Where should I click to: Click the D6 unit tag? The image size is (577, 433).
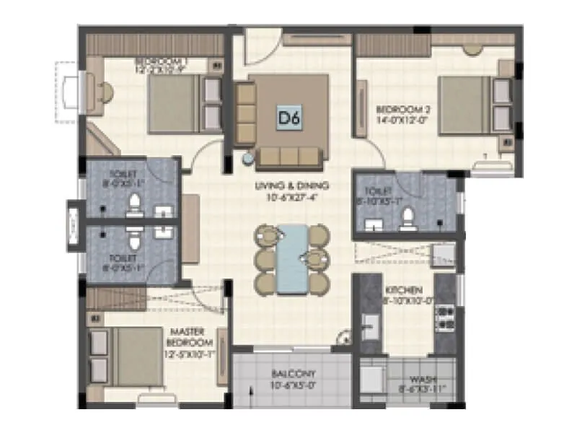coord(288,117)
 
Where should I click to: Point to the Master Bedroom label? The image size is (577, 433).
coord(190,338)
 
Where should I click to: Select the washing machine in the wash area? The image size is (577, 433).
coord(373,379)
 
